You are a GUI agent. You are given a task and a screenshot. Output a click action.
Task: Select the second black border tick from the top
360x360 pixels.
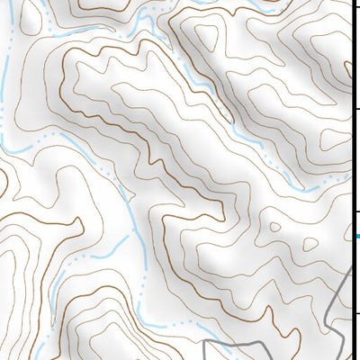coord(355,109)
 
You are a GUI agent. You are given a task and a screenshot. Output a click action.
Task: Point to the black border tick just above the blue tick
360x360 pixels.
coord(355,212)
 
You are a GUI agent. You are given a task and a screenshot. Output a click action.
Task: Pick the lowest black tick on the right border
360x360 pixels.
coord(355,312)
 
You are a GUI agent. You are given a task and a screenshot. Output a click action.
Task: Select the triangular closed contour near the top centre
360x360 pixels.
coord(206,37)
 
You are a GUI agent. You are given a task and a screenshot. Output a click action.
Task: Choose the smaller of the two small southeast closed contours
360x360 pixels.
coord(310,243)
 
